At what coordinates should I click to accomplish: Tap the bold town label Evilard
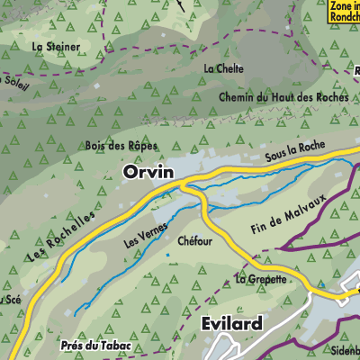tap(228, 324)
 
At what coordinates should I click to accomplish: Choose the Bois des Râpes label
tap(121, 145)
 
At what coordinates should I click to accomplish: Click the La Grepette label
tap(260, 279)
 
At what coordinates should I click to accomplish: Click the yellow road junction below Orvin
tap(184, 184)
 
